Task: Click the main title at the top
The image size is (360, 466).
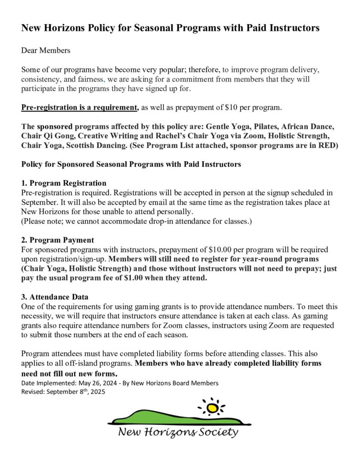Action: (x=170, y=28)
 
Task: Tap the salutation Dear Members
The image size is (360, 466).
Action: (x=46, y=51)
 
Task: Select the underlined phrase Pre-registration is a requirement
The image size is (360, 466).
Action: (x=80, y=107)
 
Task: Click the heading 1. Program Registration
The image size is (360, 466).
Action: (x=64, y=183)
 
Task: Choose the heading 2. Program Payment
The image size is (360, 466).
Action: (x=58, y=240)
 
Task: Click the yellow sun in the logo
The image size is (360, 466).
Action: (x=212, y=408)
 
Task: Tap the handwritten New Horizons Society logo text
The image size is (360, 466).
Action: (x=178, y=432)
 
